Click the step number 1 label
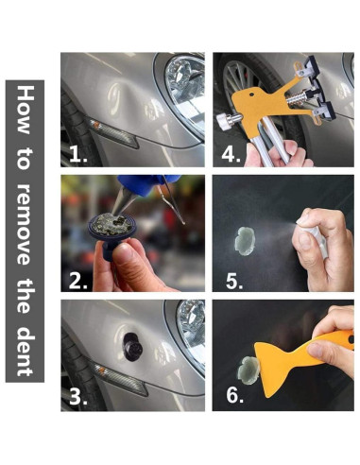(x=78, y=154)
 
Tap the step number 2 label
(x=78, y=281)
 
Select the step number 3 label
(x=78, y=397)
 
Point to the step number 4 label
(x=231, y=154)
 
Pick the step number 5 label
(x=234, y=281)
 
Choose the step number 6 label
(x=235, y=395)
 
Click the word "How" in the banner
(x=26, y=110)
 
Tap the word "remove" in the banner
(x=25, y=224)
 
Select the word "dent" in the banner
(x=26, y=352)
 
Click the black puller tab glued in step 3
(x=132, y=346)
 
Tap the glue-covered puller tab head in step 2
(x=111, y=225)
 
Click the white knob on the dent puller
(x=227, y=121)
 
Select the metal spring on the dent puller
(x=296, y=97)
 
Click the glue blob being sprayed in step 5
(x=245, y=241)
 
